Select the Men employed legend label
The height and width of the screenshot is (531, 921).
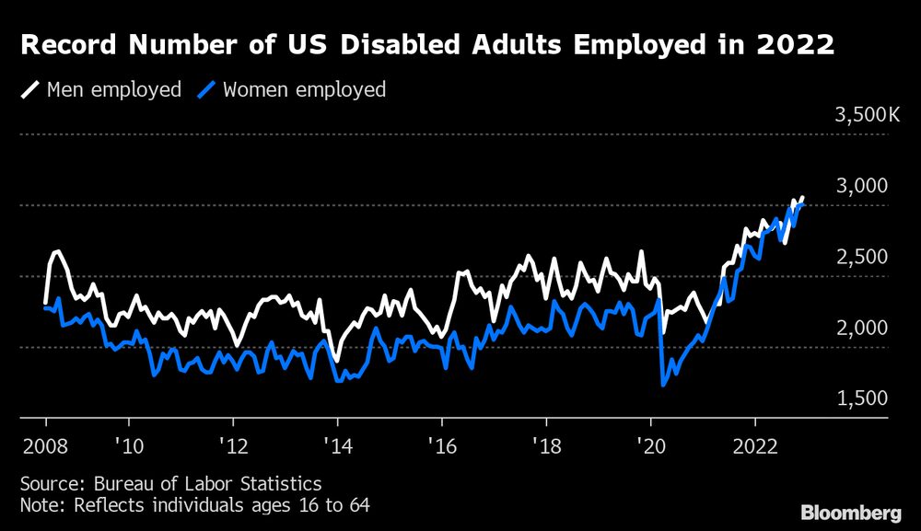pos(114,90)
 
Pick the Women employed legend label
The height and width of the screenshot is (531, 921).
pos(305,90)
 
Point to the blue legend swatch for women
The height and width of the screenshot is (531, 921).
pos(209,90)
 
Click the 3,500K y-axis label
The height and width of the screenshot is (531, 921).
pos(867,116)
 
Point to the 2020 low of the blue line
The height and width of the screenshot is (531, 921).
pos(664,385)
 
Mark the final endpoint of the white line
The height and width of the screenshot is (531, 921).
pos(802,197)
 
